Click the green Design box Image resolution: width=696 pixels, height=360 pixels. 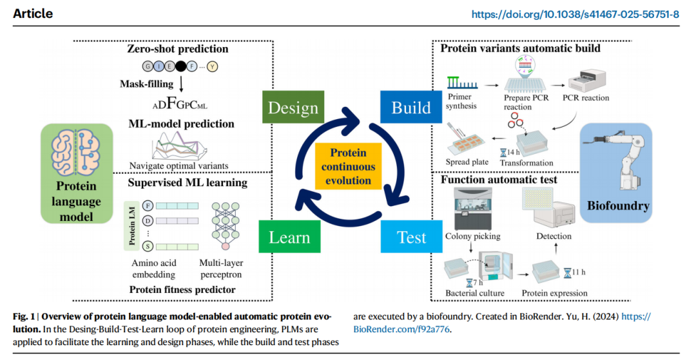(x=293, y=107)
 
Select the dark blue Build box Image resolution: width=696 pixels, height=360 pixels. (x=411, y=107)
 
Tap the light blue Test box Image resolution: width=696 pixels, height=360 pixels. (x=412, y=237)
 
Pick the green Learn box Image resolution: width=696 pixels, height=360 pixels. (x=289, y=237)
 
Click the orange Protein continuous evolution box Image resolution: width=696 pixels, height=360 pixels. (x=348, y=167)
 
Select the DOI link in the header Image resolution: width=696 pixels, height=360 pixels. (x=575, y=14)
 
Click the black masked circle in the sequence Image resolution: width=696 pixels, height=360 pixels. (x=181, y=66)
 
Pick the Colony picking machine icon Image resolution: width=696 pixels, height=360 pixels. (x=472, y=209)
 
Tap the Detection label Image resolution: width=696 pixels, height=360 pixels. (x=554, y=236)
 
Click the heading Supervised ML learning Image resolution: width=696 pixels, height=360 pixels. (x=187, y=182)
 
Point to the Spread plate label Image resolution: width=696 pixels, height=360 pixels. (x=467, y=162)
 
